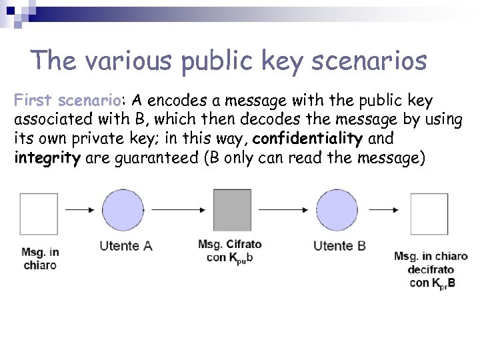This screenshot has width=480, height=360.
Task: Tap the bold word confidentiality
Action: [308, 139]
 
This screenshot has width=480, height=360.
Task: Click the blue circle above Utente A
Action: [123, 211]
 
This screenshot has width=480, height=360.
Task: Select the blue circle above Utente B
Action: [336, 211]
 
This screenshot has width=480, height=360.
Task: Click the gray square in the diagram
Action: [232, 211]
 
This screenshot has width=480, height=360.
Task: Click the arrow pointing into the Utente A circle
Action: [81, 209]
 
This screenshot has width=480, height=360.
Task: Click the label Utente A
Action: [126, 246]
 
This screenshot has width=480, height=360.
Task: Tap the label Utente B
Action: [339, 246]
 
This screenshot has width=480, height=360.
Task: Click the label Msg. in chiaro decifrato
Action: [431, 269]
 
